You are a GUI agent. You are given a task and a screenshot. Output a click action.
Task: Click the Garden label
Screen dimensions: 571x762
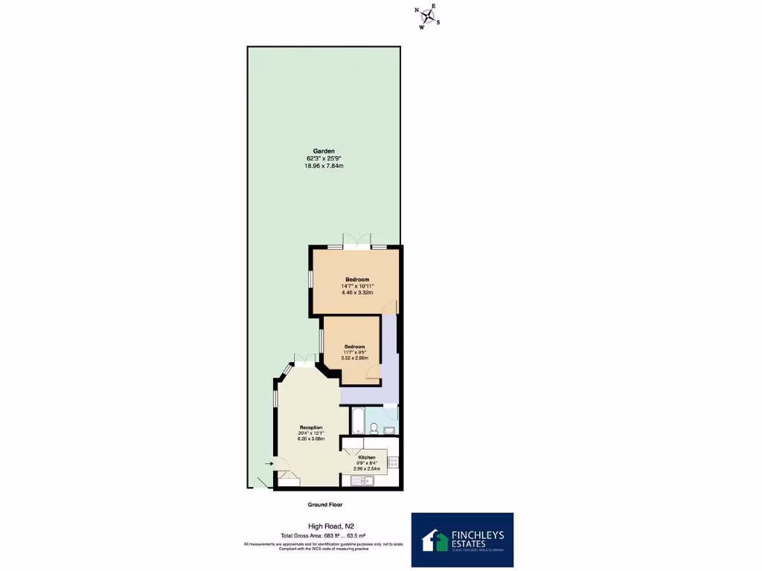(x=323, y=150)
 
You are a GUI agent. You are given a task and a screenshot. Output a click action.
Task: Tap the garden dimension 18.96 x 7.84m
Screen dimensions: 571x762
(x=323, y=166)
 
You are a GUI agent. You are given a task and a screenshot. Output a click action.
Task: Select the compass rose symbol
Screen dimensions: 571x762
(x=428, y=16)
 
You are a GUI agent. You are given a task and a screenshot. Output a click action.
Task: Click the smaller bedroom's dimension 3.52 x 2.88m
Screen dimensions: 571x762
(x=354, y=358)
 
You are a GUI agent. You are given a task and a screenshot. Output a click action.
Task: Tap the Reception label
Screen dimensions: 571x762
(x=311, y=428)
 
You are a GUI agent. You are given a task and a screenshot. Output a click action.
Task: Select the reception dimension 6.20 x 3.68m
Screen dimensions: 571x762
(x=311, y=439)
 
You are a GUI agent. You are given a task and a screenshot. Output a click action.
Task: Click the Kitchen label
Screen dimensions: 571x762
(x=367, y=457)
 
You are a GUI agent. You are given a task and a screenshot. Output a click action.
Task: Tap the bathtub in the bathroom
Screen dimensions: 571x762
(x=357, y=421)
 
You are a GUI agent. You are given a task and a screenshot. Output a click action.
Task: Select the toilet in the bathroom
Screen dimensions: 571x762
(x=374, y=428)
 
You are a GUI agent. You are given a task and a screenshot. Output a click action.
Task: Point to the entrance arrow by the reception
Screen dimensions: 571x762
(x=269, y=463)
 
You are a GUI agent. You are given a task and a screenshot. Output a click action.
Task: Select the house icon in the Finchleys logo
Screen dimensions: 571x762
(x=432, y=539)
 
